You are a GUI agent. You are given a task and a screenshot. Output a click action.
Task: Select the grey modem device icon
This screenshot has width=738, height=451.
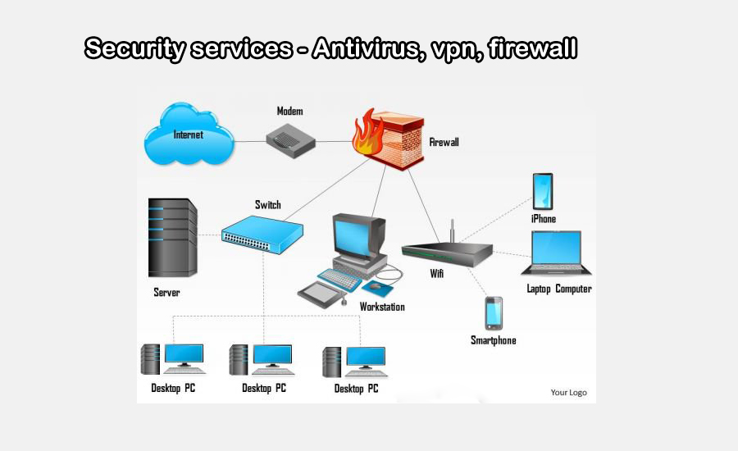pyautogui.click(x=290, y=141)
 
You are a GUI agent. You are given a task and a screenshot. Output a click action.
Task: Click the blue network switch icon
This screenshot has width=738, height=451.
pyautogui.click(x=262, y=235)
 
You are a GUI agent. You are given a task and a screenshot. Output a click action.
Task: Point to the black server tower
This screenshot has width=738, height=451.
pyautogui.click(x=172, y=238)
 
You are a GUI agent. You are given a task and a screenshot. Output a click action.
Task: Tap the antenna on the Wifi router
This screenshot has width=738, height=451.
pyautogui.click(x=453, y=230)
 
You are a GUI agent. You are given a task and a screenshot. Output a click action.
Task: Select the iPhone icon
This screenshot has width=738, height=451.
pyautogui.click(x=543, y=192)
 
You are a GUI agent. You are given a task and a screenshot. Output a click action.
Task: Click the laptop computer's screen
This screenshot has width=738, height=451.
pyautogui.click(x=556, y=248)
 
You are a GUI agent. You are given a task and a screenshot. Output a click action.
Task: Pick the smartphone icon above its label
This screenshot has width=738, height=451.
pyautogui.click(x=494, y=313)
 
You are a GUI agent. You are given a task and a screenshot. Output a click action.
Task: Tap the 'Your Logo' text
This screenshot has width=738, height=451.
pyautogui.click(x=568, y=392)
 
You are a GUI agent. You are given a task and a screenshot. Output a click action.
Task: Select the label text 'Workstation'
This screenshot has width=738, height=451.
pyautogui.click(x=382, y=307)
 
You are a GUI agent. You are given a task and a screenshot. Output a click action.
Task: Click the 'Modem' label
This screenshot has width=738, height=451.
pyautogui.click(x=289, y=111)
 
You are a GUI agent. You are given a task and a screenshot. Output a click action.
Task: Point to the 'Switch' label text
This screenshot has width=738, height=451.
pyautogui.click(x=268, y=205)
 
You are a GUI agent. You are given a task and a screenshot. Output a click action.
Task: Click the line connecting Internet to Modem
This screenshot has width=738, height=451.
pyautogui.click(x=250, y=141)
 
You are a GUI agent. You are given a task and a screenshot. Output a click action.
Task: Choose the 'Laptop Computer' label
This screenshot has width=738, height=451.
pyautogui.click(x=559, y=289)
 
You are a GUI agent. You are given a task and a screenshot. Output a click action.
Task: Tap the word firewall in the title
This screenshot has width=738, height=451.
pyautogui.click(x=532, y=48)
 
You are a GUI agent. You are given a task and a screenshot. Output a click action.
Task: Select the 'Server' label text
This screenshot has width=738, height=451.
pyautogui.click(x=166, y=293)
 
